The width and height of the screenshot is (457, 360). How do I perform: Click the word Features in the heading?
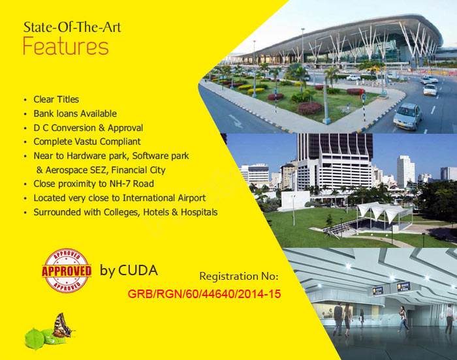point(66,46)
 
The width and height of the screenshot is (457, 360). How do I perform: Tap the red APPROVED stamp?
point(67,271)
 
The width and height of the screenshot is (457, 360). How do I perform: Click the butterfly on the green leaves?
point(62,325)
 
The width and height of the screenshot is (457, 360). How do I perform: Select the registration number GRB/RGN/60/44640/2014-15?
point(204,294)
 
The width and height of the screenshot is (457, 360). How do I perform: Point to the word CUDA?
point(138,270)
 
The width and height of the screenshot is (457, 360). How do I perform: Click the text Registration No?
point(239,276)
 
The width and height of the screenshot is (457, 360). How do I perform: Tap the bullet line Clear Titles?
point(56,99)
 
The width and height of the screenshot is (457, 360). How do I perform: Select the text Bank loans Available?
point(75,113)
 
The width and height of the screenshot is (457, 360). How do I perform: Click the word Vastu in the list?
point(86,142)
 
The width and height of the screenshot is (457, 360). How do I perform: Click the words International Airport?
point(164,198)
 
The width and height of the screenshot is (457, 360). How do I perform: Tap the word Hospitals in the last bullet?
point(199,213)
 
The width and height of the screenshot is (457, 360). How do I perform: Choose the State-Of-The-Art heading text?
point(72,27)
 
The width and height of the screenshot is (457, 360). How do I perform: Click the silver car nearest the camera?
point(408,116)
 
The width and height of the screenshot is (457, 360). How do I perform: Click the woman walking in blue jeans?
point(403,319)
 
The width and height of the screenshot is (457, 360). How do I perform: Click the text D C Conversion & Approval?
point(88,128)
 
